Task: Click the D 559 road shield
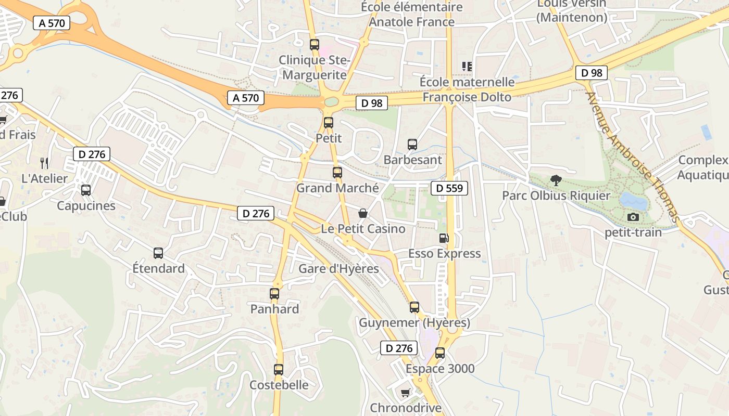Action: click(449, 188)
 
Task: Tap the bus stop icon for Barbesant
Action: click(412, 144)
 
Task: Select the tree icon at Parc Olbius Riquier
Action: click(556, 180)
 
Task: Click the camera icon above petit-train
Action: click(633, 217)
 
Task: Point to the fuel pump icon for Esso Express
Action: click(444, 238)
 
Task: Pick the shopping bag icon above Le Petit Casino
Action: click(363, 213)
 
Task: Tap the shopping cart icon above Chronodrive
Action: click(405, 393)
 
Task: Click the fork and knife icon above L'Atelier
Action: click(44, 163)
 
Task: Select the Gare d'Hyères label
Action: click(338, 269)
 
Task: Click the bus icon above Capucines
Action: click(86, 190)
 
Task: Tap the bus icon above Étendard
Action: click(158, 253)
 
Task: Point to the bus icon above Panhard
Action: click(274, 294)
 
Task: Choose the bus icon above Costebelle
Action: click(279, 370)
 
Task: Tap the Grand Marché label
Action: click(337, 188)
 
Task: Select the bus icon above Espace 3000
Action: click(440, 353)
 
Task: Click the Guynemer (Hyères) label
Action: click(414, 323)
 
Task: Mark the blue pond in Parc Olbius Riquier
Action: click(633, 200)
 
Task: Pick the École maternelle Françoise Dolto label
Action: click(467, 89)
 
